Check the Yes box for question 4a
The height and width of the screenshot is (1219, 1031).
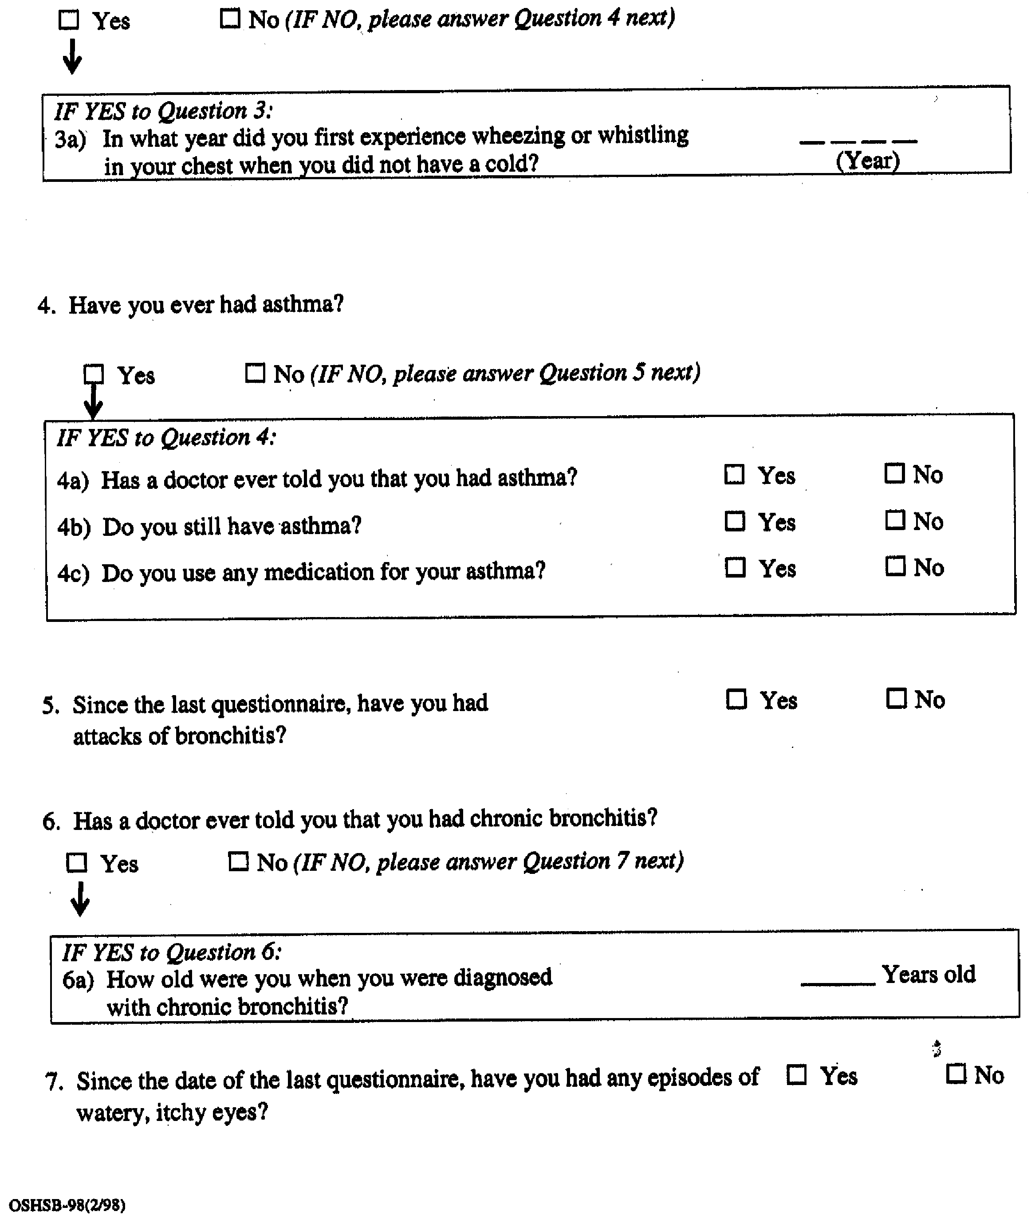tap(734, 475)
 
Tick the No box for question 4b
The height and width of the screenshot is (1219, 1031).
tap(895, 519)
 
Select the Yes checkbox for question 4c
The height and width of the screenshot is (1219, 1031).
tap(735, 567)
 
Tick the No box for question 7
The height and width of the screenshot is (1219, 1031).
tap(956, 1074)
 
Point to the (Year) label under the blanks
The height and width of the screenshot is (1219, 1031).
tap(867, 160)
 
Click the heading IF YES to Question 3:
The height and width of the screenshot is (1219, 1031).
tap(164, 110)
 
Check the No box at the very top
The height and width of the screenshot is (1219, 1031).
tap(230, 19)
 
